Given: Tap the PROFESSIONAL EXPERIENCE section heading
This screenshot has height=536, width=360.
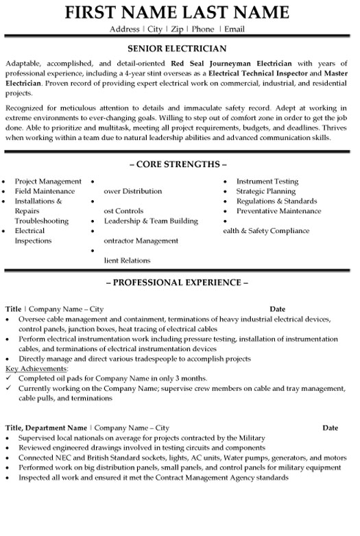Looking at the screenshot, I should click(177, 282).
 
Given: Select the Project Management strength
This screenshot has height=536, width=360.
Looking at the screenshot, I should click(48, 182).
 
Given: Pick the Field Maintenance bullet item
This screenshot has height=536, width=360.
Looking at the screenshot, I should click(45, 191).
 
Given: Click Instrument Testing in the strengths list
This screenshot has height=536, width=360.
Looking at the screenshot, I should click(267, 182).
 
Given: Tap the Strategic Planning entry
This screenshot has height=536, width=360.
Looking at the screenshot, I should click(266, 191).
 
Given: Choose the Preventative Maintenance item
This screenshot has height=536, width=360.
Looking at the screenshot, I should click(278, 211).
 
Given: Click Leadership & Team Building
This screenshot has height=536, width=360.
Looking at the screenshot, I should click(151, 221).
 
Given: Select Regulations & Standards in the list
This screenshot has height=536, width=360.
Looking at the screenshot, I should click(276, 202).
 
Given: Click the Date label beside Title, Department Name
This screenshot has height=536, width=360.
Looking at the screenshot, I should click(330, 428).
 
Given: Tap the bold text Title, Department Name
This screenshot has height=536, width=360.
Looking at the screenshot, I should click(47, 428).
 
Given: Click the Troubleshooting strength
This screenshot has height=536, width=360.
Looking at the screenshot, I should click(42, 221).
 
